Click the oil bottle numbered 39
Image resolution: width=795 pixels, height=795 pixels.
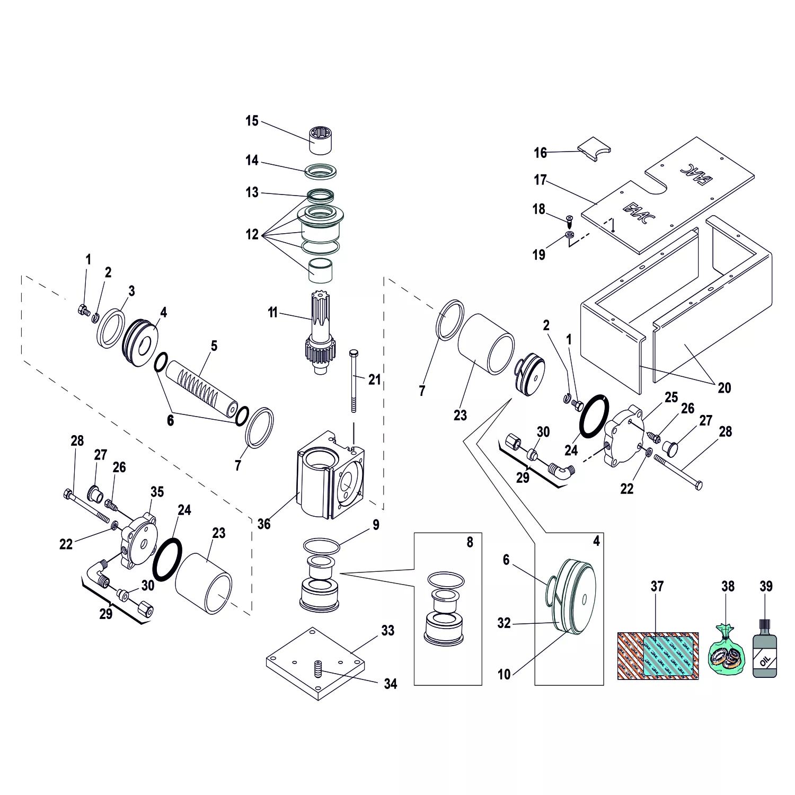[x=765, y=652]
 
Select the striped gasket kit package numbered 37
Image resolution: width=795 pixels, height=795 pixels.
[x=658, y=656]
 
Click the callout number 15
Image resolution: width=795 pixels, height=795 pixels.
[x=252, y=121]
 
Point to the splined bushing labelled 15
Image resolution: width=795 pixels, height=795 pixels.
[x=322, y=139]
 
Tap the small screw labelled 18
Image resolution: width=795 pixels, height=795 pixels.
[x=569, y=219]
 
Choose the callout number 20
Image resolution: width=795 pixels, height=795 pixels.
[x=724, y=388]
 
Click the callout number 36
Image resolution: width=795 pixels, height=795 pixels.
[x=264, y=524]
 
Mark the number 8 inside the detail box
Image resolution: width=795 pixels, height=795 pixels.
[x=470, y=543]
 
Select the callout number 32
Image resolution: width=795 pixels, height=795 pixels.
[x=503, y=623]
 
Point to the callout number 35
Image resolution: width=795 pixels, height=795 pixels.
[x=157, y=492]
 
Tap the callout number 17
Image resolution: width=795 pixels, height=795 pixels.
[x=540, y=180]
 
